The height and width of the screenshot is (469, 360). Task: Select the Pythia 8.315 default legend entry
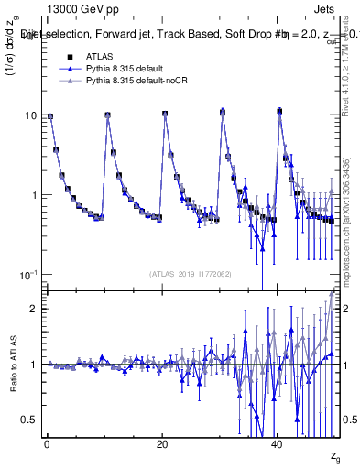(x=118, y=69)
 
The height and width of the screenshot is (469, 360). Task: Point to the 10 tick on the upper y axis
(x=31, y=115)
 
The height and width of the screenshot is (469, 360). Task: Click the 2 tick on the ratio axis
(x=35, y=309)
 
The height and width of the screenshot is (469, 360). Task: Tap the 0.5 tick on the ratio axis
(x=30, y=420)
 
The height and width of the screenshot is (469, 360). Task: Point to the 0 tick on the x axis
(x=47, y=444)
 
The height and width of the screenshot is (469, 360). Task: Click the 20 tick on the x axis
(x=162, y=444)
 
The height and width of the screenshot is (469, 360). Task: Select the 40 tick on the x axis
(x=278, y=444)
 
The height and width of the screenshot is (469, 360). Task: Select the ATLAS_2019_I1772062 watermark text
(x=191, y=274)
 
